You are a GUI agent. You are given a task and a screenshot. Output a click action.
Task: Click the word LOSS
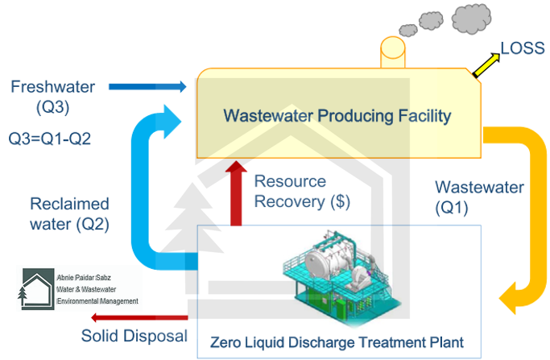(523, 48)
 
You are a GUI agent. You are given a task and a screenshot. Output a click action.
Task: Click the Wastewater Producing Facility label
(337, 116)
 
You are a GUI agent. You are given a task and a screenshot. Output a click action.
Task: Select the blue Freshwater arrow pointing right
(146, 85)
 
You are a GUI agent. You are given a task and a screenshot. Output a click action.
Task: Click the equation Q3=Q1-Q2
(50, 138)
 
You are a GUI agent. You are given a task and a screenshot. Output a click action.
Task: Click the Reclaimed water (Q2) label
(69, 213)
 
